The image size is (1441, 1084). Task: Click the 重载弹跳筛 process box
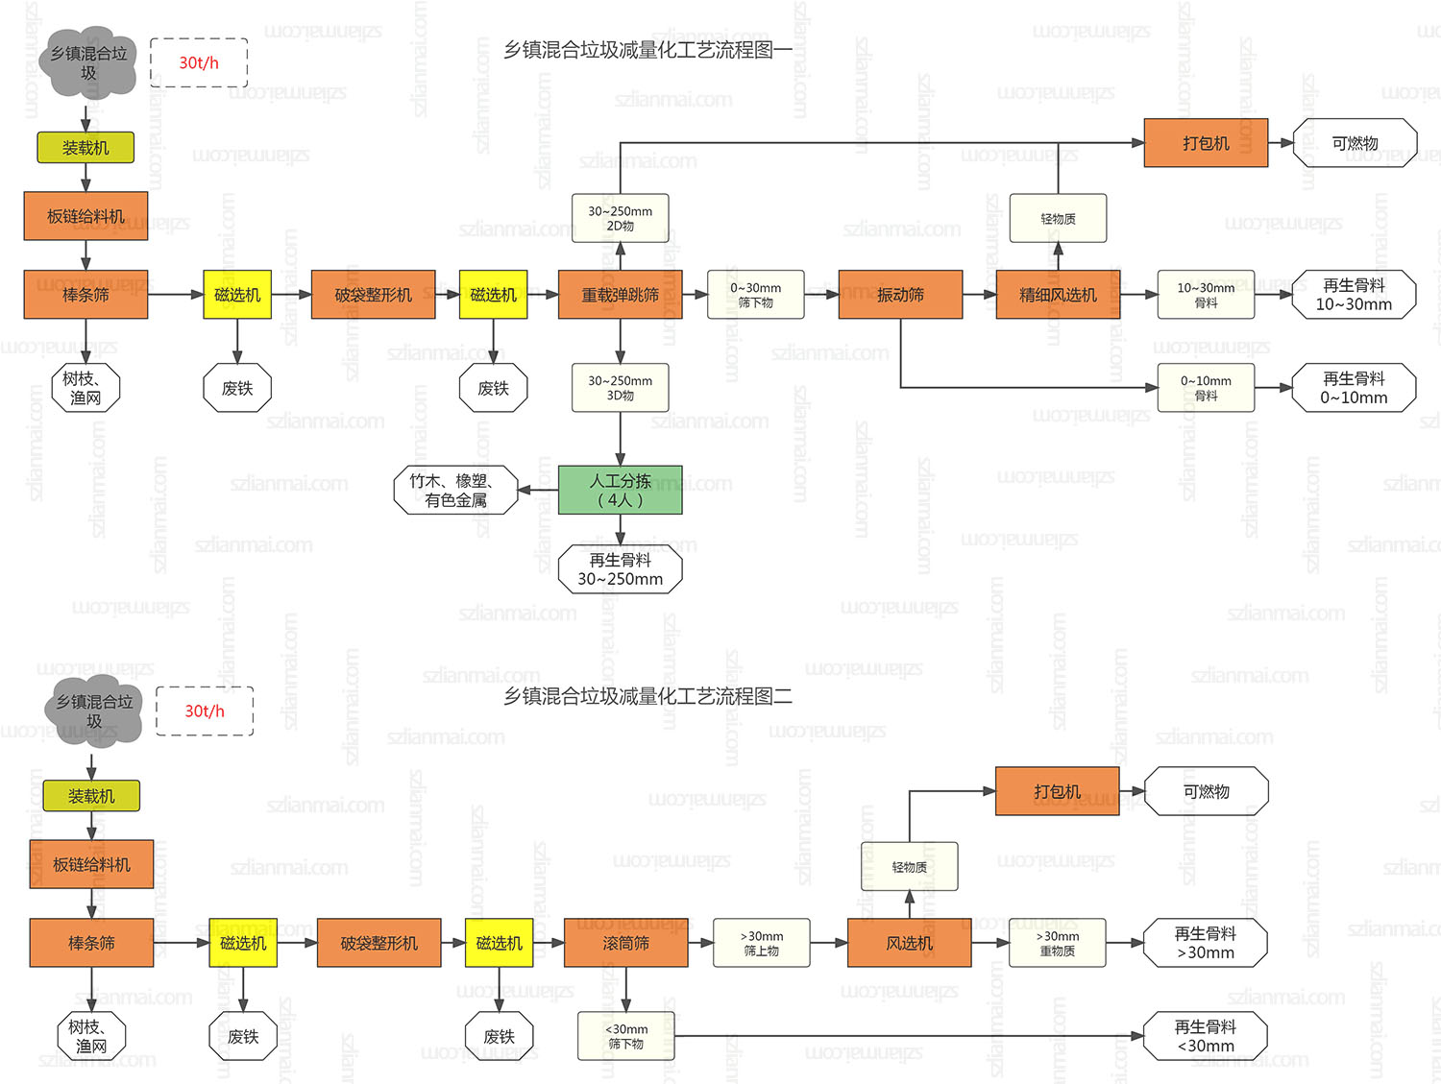(x=620, y=295)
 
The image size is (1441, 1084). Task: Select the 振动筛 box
(x=900, y=295)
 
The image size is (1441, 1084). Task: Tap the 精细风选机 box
(x=1058, y=295)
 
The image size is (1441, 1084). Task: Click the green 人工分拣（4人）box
(x=620, y=490)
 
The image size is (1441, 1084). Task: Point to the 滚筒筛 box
(x=625, y=943)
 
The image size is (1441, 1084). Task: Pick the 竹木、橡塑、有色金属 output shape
(x=455, y=490)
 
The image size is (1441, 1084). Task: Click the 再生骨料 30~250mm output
(x=620, y=569)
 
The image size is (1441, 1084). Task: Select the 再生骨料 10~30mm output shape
(x=1354, y=295)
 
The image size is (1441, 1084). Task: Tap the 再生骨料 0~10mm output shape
(x=1354, y=388)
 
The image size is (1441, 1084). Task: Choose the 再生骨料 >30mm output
(x=1206, y=943)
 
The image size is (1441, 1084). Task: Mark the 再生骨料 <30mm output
(x=1206, y=1036)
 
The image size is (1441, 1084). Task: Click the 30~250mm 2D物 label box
(x=620, y=218)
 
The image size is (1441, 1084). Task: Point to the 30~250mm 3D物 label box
(x=620, y=388)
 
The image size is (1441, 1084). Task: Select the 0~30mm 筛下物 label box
(x=755, y=295)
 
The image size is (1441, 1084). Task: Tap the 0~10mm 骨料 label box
(x=1206, y=388)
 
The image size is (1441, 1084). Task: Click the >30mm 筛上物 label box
(x=761, y=943)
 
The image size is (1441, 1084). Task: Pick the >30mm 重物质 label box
(x=1057, y=943)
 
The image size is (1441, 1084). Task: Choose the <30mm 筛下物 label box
(x=625, y=1036)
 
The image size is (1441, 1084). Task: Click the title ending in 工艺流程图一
(x=648, y=50)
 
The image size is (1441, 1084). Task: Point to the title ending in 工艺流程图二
(x=648, y=696)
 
